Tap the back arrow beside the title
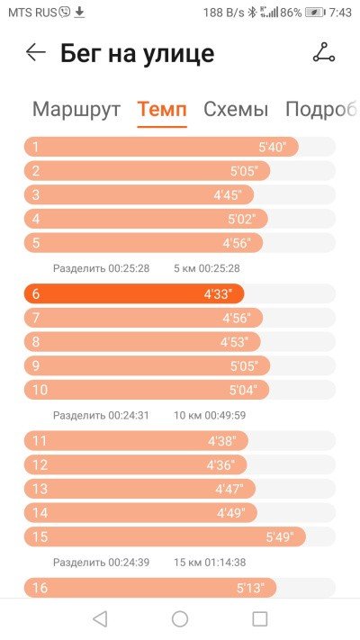[x=35, y=52]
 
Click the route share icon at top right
[x=324, y=52]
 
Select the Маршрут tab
[x=76, y=110]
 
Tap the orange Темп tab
[x=162, y=110]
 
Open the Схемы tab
[x=236, y=110]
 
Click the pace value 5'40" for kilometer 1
[x=273, y=147]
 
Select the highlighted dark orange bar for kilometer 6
[x=134, y=293]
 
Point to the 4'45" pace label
[x=228, y=195]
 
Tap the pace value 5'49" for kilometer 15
[x=280, y=536]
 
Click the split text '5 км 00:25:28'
[x=206, y=268]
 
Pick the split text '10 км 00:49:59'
[x=210, y=416]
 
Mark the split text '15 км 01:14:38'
[x=210, y=563]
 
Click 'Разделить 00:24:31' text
[x=101, y=416]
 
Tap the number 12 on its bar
[x=40, y=464]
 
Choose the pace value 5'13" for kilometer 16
[x=250, y=588]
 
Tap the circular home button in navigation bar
[x=180, y=618]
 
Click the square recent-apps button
[x=259, y=618]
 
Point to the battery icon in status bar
[x=315, y=13]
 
